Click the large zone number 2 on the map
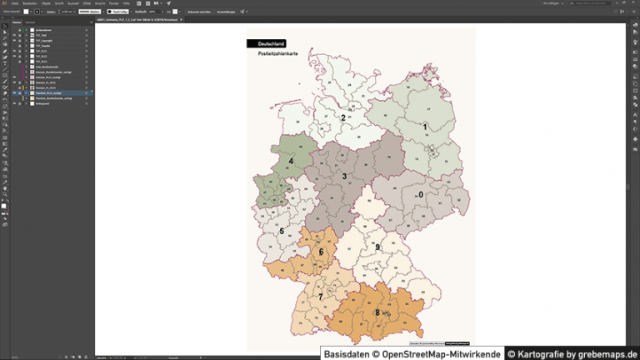[342, 118]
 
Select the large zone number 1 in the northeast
[425, 127]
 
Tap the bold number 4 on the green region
[291, 161]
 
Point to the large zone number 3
[344, 176]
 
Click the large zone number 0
[421, 194]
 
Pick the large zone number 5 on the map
[282, 231]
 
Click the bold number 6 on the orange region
[321, 252]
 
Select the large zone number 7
[320, 297]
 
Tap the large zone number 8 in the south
[377, 313]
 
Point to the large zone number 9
[377, 247]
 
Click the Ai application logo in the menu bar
[5, 3]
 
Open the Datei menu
[15, 3]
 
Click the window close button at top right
[634, 3]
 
